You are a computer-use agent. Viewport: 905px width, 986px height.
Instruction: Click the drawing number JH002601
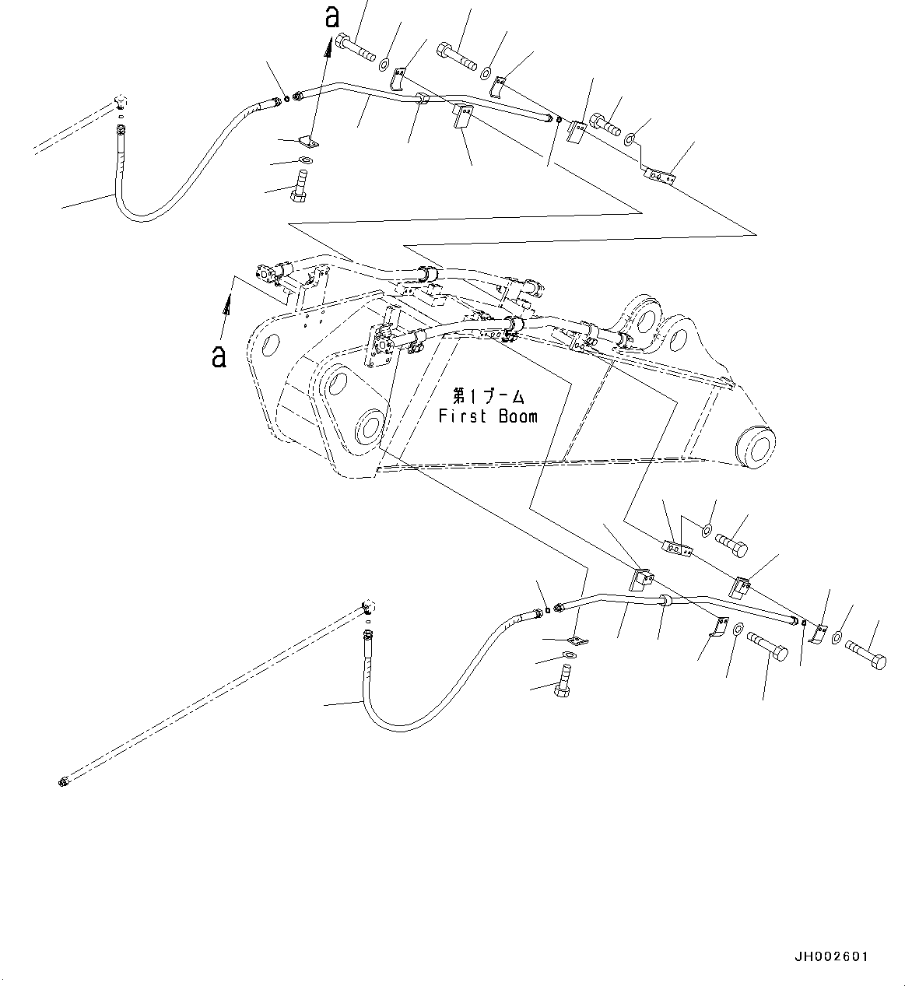[x=831, y=956]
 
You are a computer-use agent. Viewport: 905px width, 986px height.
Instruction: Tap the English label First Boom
[x=488, y=416]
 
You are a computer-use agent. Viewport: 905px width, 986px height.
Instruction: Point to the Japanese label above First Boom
[x=488, y=396]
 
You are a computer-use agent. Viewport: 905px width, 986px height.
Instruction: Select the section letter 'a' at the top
[x=332, y=17]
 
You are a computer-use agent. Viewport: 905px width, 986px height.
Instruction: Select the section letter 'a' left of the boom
[x=219, y=356]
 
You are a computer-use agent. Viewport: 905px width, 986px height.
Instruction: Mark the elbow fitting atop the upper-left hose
[x=120, y=102]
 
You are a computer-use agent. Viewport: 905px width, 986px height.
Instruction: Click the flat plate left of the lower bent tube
[x=577, y=640]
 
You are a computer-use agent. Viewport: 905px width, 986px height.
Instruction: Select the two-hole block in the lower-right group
[x=677, y=549]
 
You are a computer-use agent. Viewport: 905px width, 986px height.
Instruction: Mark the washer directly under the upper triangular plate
[x=305, y=161]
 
